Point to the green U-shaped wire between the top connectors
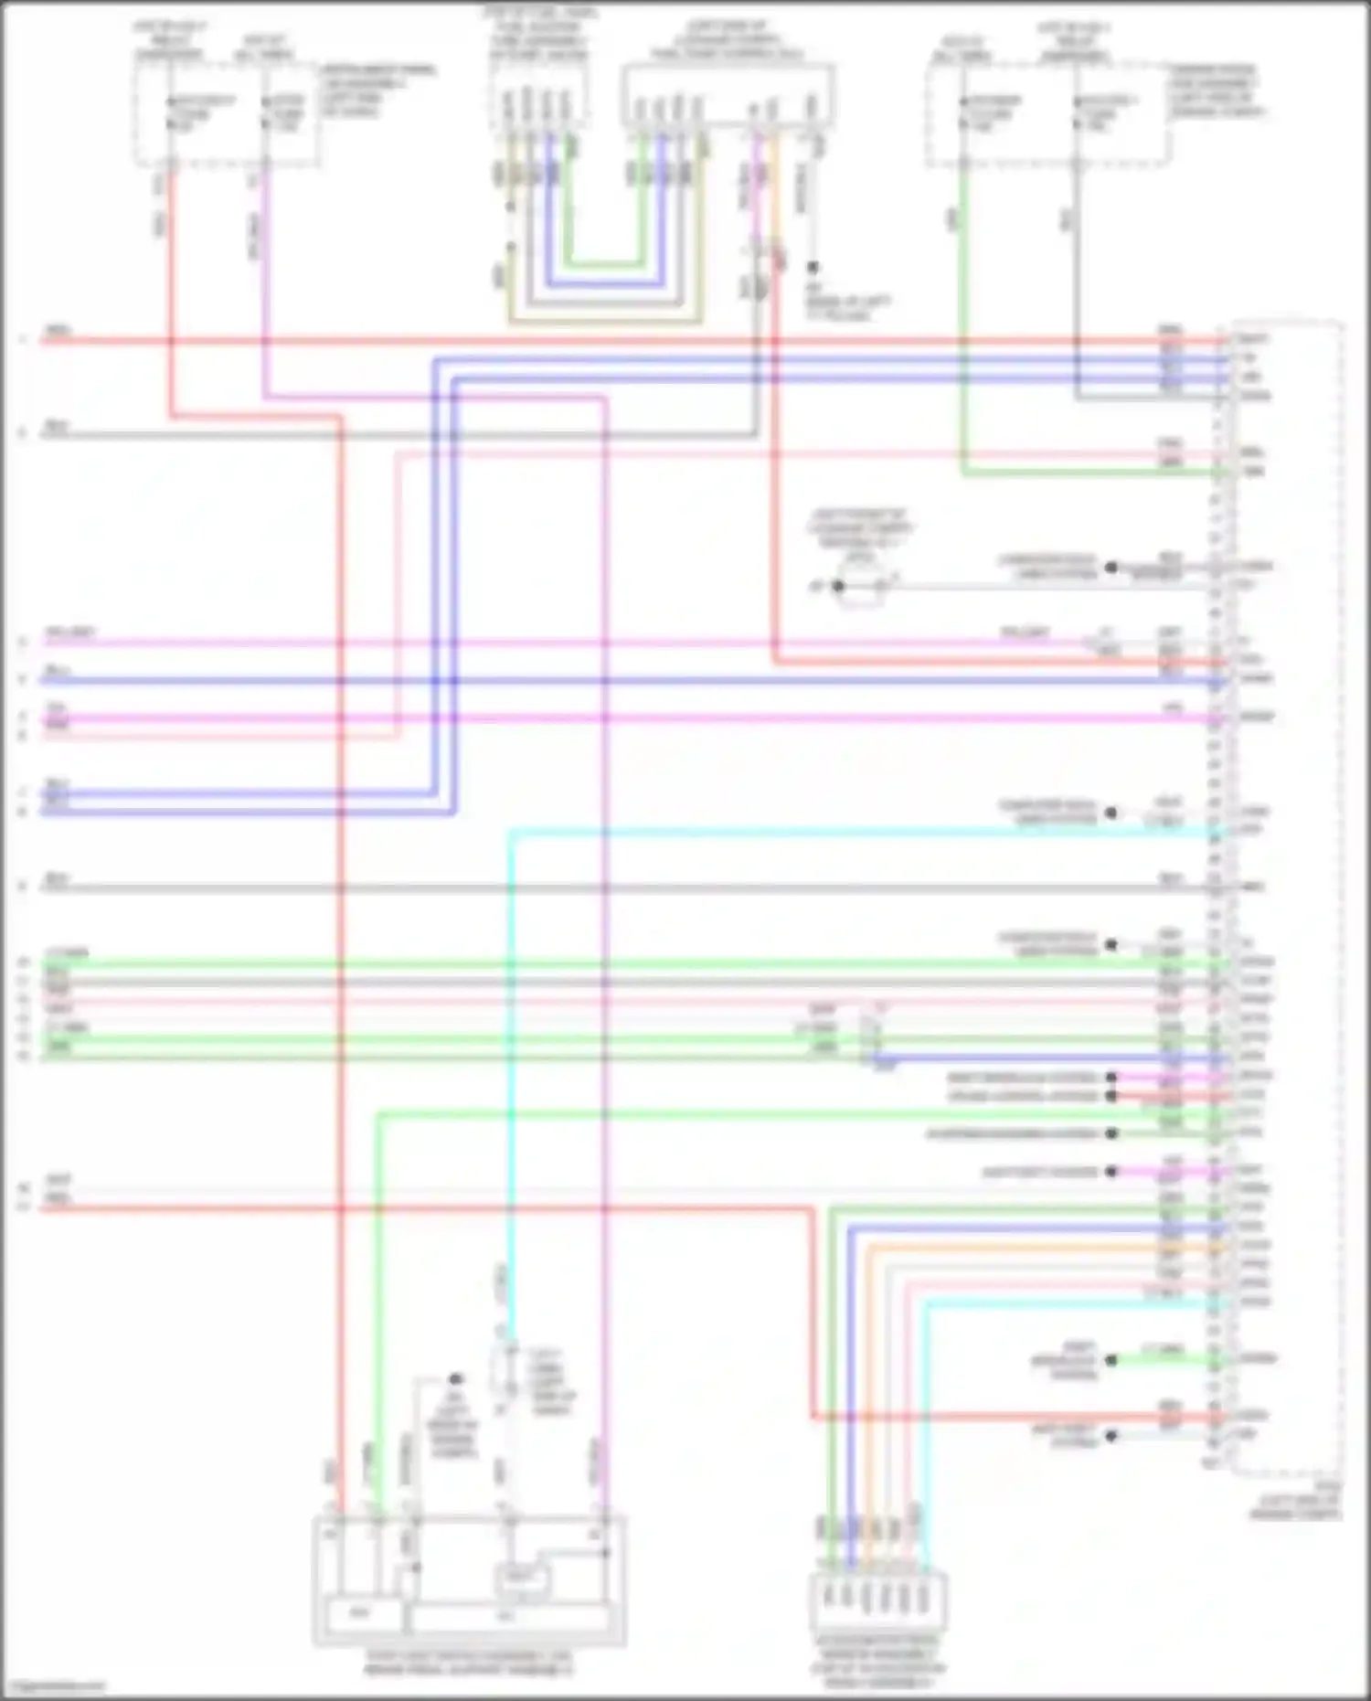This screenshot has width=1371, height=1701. point(603,265)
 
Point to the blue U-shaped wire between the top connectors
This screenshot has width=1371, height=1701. point(603,284)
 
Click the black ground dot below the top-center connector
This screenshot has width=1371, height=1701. point(812,267)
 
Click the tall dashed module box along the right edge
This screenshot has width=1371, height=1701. point(1287,896)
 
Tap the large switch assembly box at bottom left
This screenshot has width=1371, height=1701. point(469,1580)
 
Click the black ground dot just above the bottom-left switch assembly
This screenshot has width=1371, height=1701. point(454,1378)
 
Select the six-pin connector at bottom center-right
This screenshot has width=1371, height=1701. point(877,1599)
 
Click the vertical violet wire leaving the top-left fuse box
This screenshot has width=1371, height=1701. point(264,274)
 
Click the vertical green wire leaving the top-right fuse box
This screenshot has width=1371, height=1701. point(962,320)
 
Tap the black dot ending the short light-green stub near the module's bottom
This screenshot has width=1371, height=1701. point(1111,1359)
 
